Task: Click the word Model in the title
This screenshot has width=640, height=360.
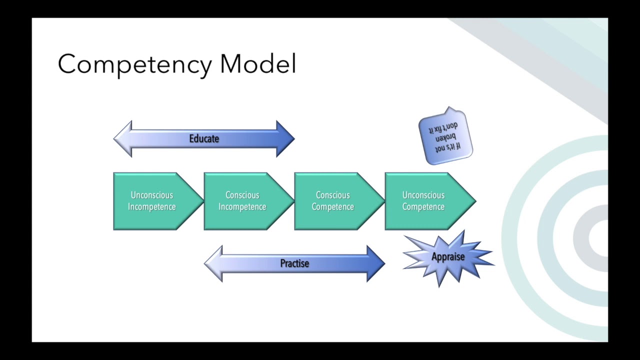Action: [x=258, y=64]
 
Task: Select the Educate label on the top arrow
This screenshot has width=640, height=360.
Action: [x=204, y=139]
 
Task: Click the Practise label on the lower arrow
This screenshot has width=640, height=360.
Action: [x=294, y=263]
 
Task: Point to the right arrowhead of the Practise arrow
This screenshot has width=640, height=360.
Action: [x=375, y=263]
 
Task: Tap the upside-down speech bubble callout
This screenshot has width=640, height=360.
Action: [x=445, y=136]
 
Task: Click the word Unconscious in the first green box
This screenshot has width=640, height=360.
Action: [x=152, y=195]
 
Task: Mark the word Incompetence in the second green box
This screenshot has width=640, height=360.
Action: [x=242, y=207]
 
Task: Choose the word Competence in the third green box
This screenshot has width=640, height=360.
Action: [x=333, y=207]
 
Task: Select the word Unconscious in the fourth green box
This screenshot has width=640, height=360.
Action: [x=423, y=195]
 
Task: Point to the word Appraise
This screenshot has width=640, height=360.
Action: [x=448, y=257]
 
